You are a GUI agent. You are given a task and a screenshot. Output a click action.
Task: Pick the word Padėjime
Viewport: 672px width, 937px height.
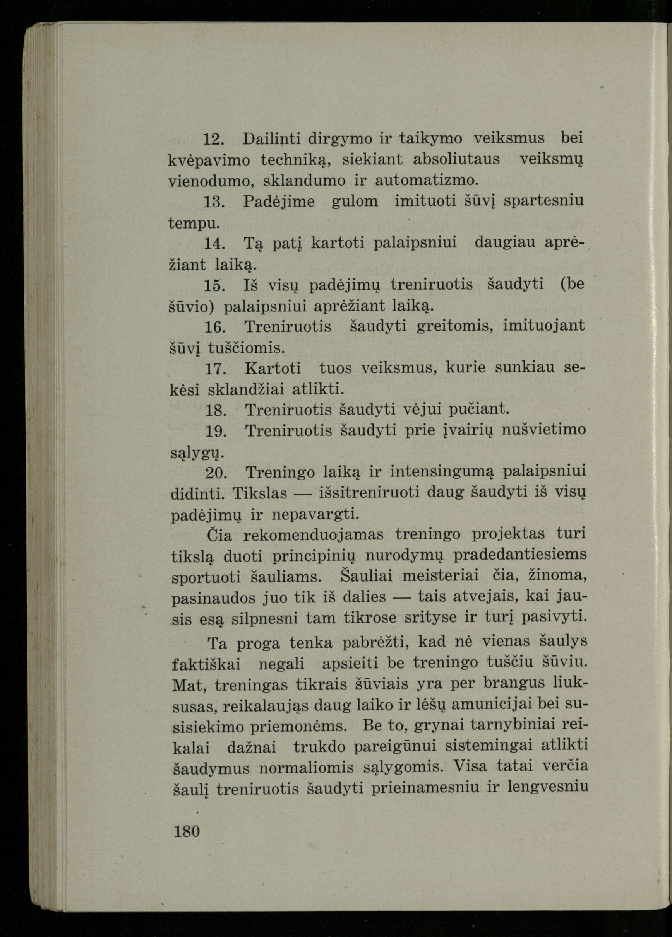tap(279, 202)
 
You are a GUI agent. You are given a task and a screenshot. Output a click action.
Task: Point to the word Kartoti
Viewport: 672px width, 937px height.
tap(273, 368)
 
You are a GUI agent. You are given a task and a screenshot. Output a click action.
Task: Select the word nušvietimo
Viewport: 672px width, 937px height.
tap(543, 430)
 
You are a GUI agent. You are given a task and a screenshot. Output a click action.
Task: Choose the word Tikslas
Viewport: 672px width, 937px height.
tap(260, 493)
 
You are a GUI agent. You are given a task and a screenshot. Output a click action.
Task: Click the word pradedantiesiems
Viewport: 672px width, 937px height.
tap(520, 555)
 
